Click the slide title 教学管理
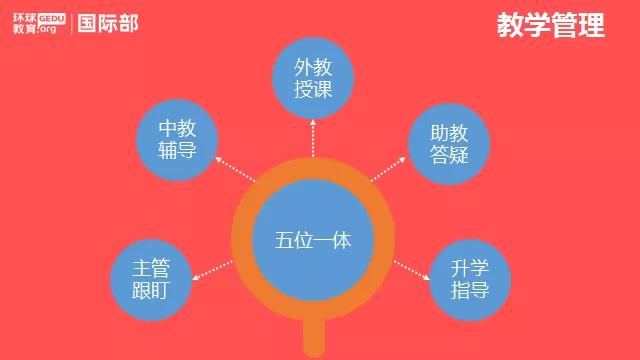551,26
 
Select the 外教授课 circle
313,78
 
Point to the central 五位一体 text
313,241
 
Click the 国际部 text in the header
109,23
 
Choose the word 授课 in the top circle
313,89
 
